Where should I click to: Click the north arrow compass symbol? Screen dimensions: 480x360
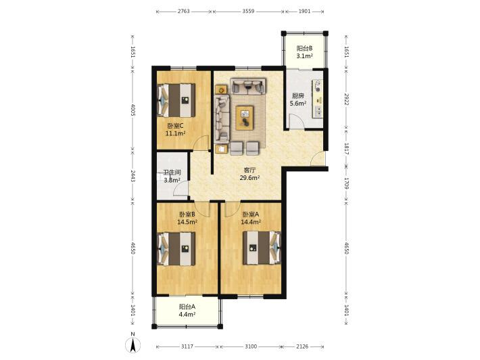(133, 344)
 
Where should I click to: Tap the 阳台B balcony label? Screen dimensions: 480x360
(304, 48)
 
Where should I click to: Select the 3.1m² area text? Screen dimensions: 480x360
(304, 56)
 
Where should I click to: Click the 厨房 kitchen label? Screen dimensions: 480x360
(298, 96)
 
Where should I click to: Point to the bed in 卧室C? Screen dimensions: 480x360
(176, 100)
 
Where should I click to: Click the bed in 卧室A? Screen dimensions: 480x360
(262, 248)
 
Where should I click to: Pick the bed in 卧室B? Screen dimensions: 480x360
(176, 249)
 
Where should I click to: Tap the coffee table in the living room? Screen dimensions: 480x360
(245, 118)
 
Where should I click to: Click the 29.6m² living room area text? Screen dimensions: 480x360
(249, 177)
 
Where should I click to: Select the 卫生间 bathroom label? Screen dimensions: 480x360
(172, 173)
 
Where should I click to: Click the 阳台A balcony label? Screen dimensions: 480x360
(187, 307)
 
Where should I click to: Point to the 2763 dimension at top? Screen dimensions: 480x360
(184, 12)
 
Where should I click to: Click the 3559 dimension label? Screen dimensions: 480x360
(248, 12)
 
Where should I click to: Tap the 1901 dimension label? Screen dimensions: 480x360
(305, 12)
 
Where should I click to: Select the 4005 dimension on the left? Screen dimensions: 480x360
(133, 110)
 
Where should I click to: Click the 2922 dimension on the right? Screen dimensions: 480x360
(347, 99)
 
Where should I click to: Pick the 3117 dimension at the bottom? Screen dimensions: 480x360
(187, 346)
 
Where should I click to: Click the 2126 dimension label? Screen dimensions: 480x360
(302, 346)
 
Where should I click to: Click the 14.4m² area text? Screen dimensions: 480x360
(251, 222)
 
